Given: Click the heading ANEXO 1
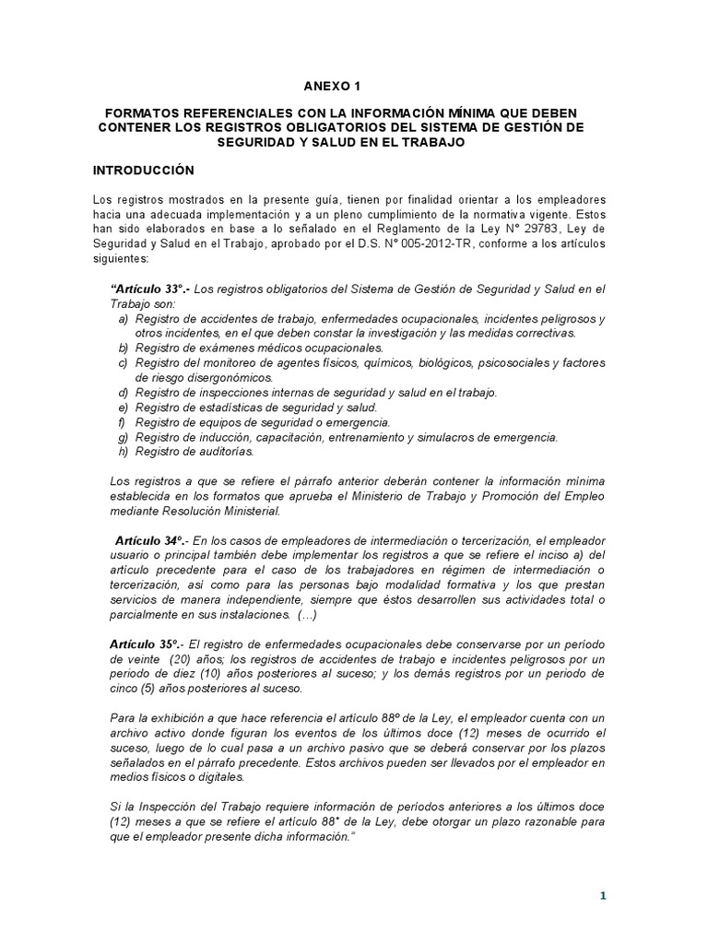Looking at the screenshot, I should [333, 88].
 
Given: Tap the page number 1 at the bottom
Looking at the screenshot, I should [603, 894].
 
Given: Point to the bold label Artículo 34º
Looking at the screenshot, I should [146, 539].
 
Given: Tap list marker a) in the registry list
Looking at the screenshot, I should [123, 319].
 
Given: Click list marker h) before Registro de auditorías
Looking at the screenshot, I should [123, 452].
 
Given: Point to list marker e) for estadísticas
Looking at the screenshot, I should [123, 407].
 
